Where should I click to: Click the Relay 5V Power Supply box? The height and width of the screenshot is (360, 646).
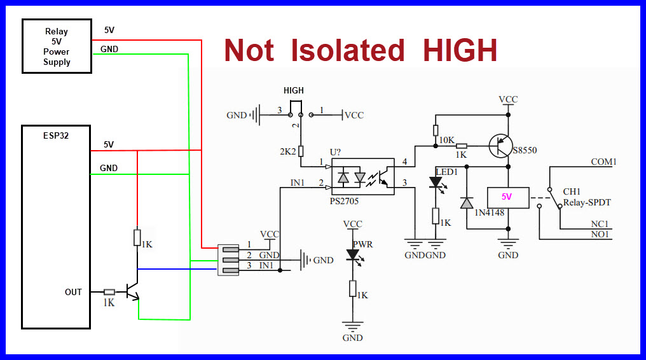pos(57,46)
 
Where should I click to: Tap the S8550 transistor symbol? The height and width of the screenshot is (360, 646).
pos(502,146)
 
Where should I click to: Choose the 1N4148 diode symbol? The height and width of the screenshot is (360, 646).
pos(467,202)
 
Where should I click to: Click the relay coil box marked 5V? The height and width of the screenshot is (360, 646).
pos(507,197)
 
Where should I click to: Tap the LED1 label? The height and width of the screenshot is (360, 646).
pos(446,172)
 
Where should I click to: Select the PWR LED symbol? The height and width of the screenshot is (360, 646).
pos(352,255)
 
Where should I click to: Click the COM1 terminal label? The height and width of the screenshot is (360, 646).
pos(603,162)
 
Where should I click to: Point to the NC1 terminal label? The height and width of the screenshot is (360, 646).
pos(599,223)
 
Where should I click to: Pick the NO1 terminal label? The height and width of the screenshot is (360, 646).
pos(599,235)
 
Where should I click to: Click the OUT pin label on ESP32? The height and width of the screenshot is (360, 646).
pos(73,292)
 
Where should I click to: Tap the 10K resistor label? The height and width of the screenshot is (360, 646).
pos(448,139)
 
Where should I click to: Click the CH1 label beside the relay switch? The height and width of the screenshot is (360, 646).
pos(572,191)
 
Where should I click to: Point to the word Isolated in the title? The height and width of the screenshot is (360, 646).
pos(348,51)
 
